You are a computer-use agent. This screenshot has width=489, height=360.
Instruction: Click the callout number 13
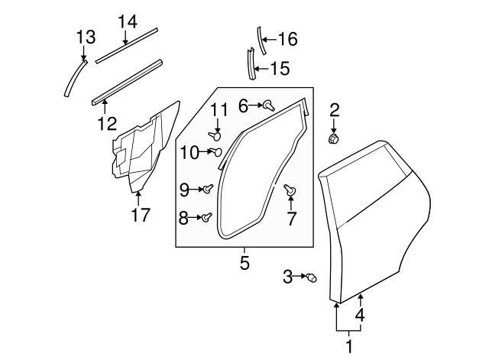click(x=86, y=36)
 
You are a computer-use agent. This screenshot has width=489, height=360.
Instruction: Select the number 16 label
click(x=287, y=39)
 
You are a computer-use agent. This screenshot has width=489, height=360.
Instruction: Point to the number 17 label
click(x=140, y=216)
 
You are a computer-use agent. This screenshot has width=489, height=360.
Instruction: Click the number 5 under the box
click(x=244, y=264)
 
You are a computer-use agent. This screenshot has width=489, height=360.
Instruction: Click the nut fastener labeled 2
click(x=333, y=139)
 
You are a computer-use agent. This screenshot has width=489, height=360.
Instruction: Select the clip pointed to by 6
click(x=268, y=106)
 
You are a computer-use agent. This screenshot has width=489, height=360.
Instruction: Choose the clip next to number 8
click(x=206, y=218)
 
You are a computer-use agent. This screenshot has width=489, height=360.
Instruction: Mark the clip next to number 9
click(x=207, y=188)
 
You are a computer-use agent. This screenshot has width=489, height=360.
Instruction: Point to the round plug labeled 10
click(x=215, y=152)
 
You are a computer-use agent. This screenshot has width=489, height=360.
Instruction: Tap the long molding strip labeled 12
click(x=126, y=79)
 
